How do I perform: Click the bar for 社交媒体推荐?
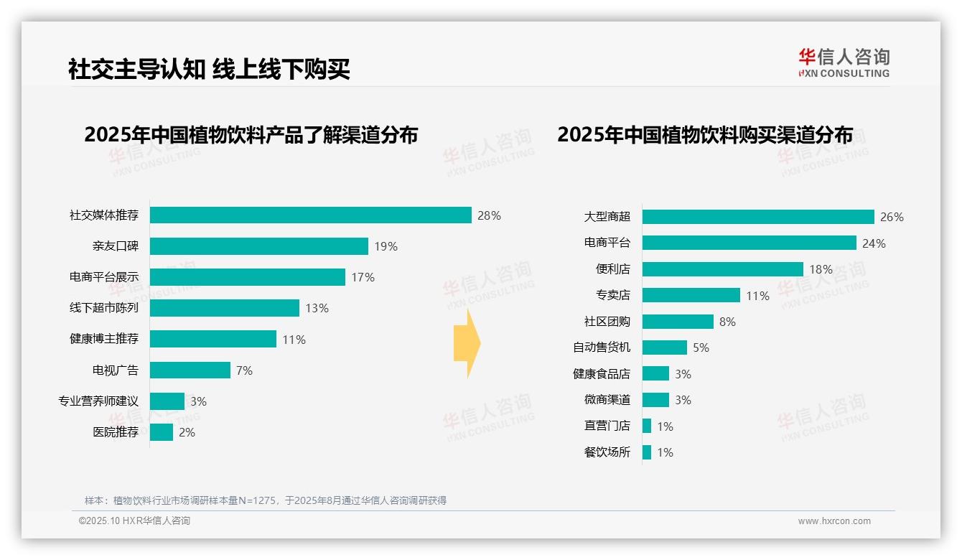pos(310,215)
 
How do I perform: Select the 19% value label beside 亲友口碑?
pos(386,246)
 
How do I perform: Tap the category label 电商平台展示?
pos(104,277)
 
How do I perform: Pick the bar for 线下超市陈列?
pos(224,308)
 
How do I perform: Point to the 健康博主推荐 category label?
pos(104,339)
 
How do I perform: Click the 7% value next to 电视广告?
pos(244,370)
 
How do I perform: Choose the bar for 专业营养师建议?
pos(167,401)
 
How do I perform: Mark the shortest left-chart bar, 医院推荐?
pos(162,432)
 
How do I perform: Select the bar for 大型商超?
pos(758,217)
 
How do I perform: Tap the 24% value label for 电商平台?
pos(874,243)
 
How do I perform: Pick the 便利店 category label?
pos(612,269)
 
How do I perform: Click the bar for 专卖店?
pos(691,295)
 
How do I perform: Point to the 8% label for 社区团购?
pos(727,322)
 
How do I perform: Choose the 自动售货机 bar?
pos(664,347)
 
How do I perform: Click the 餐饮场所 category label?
pos(607,452)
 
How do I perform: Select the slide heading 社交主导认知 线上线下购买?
pos(209,70)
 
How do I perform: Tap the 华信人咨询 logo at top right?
pos(844,62)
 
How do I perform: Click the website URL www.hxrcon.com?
pos(833,521)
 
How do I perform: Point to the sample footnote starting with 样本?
pos(266,500)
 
